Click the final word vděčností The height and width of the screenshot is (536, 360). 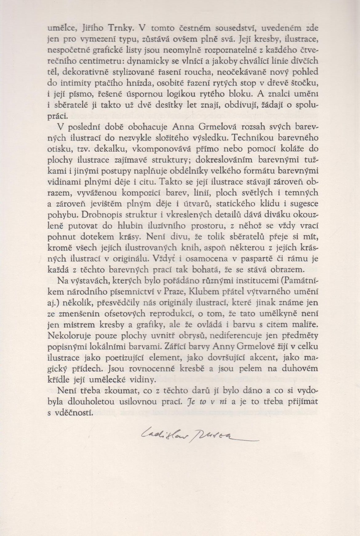tap(74, 413)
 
